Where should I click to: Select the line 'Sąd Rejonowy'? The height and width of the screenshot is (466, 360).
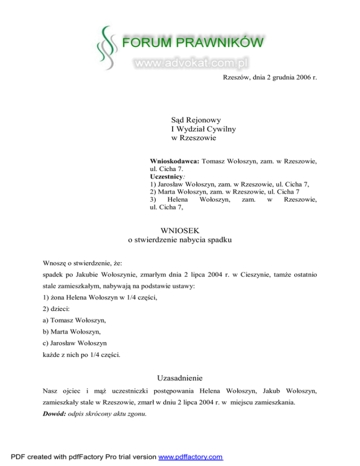coord(196,120)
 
